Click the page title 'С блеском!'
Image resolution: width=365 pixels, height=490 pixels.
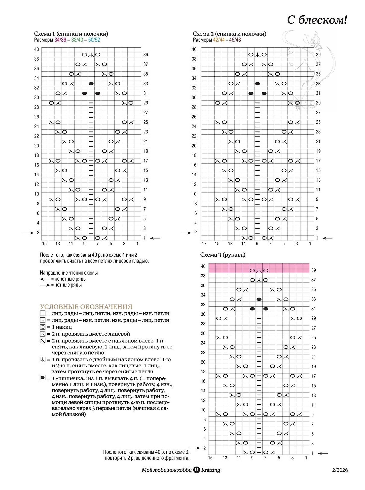[317, 20]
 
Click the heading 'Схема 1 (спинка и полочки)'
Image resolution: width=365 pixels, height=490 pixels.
[71, 34]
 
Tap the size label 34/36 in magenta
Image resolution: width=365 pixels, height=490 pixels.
[60, 40]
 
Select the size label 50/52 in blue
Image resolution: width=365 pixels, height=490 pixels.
[94, 40]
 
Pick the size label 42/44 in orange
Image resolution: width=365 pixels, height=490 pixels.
[219, 40]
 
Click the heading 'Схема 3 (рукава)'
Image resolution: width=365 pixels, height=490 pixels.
[223, 255]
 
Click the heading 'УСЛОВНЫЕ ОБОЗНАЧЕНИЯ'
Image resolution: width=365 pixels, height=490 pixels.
[86, 307]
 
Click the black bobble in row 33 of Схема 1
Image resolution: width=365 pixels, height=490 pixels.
[91, 84]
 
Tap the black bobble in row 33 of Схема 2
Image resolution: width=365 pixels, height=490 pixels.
[257, 84]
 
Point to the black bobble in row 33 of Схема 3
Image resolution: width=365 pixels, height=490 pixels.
[259, 299]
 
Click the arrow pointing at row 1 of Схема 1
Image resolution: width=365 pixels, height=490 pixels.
[155, 238]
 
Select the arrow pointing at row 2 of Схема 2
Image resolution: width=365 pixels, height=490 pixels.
[186, 233]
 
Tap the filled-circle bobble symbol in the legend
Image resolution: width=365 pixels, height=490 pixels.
[43, 378]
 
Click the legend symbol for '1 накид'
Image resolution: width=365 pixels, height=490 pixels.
[43, 327]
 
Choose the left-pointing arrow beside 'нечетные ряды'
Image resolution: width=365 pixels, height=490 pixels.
[45, 279]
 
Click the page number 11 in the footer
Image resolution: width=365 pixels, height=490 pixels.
[196, 470]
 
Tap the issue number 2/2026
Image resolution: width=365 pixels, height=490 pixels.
[340, 470]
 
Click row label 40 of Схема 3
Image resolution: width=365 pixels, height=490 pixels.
[203, 266]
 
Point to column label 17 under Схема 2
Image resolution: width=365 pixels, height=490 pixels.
[204, 244]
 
